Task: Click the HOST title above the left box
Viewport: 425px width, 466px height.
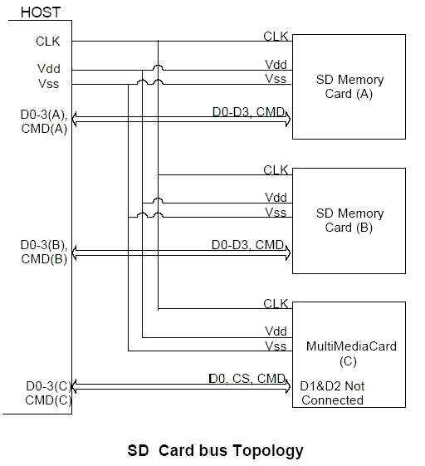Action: tap(41, 12)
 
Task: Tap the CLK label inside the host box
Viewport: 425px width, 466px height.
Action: tap(48, 42)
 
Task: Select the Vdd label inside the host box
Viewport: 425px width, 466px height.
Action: tap(49, 69)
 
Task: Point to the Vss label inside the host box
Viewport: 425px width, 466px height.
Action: tap(48, 84)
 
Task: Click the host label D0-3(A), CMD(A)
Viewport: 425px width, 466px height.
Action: tap(44, 121)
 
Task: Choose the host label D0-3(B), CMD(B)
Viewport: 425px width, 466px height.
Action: tap(44, 252)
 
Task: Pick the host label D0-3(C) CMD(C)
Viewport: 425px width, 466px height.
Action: tap(49, 393)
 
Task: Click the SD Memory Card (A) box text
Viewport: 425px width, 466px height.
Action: tap(349, 86)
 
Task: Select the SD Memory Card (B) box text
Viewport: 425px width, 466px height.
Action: tap(349, 220)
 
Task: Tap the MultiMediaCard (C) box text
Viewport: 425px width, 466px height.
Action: tap(351, 353)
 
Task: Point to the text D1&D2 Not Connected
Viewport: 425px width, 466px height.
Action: tap(332, 393)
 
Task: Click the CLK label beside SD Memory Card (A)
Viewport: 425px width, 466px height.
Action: tap(276, 37)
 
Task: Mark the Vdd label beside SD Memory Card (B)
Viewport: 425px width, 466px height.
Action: tap(276, 198)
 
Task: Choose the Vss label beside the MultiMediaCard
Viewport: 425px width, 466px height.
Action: tap(276, 346)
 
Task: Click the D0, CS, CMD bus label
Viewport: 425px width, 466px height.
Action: tap(247, 378)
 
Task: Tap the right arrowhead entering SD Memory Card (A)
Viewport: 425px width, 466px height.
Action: tap(288, 120)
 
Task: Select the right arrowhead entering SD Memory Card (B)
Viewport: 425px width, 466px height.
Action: tap(288, 253)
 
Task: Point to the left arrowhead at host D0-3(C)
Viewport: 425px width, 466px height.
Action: tap(75, 386)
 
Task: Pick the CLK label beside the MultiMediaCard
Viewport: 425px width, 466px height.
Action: tap(276, 304)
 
